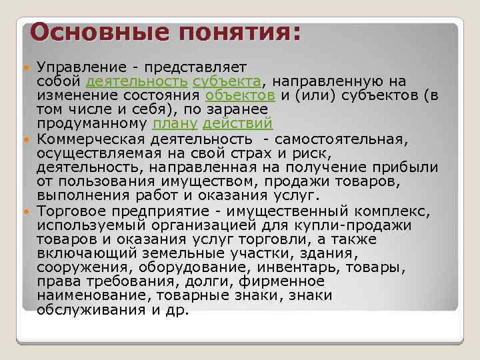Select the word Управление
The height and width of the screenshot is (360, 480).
pyautogui.click(x=79, y=67)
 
